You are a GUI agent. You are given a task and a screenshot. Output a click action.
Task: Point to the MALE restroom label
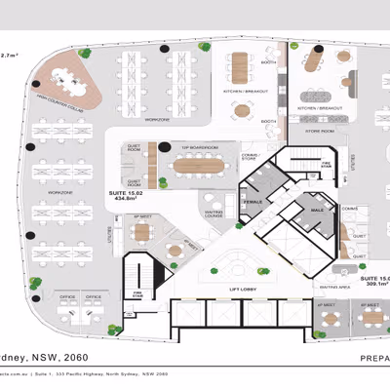pos(315,210)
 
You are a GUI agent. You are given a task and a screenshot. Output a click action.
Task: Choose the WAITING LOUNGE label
pos(214,214)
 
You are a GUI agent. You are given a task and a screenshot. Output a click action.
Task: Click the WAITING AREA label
pos(329,288)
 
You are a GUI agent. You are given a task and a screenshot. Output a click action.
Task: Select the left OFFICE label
pos(66,295)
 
